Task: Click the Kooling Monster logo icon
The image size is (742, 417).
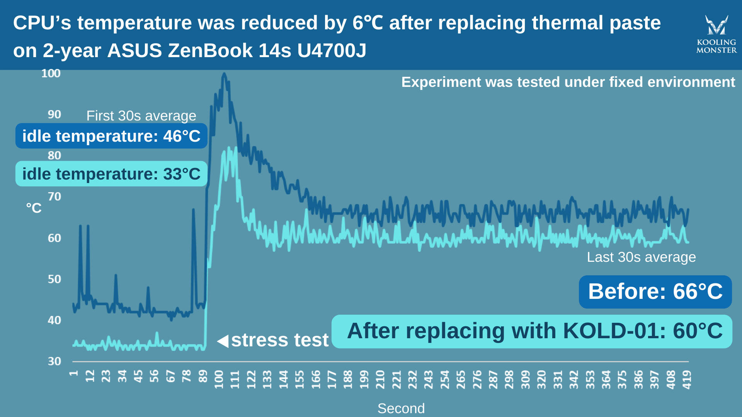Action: click(716, 25)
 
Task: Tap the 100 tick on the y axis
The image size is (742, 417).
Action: click(51, 73)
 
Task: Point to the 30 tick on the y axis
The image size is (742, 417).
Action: click(54, 361)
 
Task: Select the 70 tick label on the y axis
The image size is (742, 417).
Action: click(54, 197)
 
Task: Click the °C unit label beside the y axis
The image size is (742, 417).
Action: click(34, 208)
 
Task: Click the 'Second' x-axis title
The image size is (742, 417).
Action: click(401, 408)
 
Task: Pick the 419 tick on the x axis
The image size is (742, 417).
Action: click(687, 379)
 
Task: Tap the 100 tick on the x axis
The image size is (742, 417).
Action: click(219, 379)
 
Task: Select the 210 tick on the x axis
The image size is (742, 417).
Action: click(380, 379)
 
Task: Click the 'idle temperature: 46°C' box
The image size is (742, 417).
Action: click(111, 136)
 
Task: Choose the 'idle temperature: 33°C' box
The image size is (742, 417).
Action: click(111, 174)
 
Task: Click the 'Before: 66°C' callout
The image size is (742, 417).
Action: click(655, 292)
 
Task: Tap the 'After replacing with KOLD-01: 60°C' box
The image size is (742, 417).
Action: click(532, 331)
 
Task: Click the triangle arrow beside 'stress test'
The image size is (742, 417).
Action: click(223, 341)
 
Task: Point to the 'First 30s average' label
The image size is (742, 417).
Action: click(141, 116)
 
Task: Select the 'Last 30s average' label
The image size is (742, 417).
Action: click(641, 257)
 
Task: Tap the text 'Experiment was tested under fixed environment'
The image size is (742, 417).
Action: click(568, 82)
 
